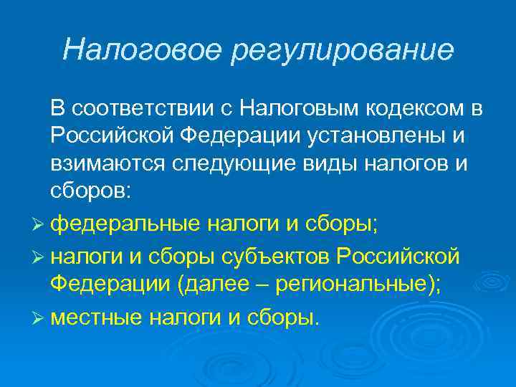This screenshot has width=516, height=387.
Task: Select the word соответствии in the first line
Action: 149,109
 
